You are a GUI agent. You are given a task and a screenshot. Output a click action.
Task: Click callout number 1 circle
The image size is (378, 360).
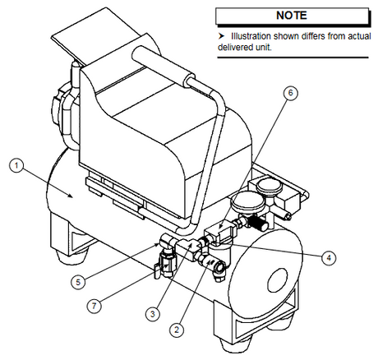(x=16, y=165)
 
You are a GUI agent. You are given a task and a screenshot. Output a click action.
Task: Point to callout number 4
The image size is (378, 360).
(x=329, y=259)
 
